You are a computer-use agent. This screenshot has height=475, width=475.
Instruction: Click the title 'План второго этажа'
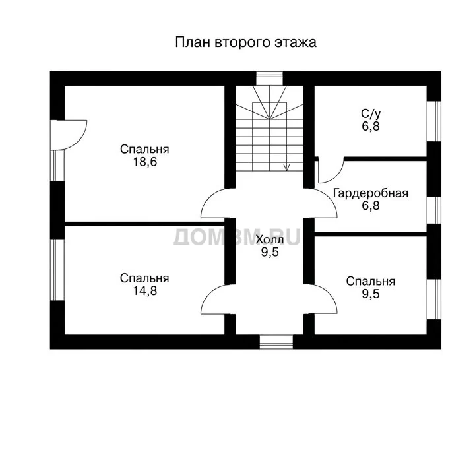(x=245, y=42)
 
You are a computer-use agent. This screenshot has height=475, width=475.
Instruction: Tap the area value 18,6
(x=145, y=162)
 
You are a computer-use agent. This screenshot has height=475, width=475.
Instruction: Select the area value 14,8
(x=145, y=291)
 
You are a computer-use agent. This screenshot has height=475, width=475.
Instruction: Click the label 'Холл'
(x=270, y=239)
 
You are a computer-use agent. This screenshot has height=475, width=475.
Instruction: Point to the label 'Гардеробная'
(x=371, y=193)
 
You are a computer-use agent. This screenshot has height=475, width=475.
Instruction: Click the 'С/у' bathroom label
(x=371, y=114)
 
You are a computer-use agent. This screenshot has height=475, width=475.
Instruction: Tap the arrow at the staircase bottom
(x=286, y=167)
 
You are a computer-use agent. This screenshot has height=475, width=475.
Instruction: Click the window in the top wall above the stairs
(x=270, y=79)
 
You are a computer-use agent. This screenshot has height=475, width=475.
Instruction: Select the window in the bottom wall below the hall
(x=276, y=342)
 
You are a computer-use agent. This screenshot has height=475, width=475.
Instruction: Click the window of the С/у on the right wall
(x=434, y=121)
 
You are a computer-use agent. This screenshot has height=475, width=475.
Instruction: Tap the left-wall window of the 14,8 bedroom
(x=57, y=270)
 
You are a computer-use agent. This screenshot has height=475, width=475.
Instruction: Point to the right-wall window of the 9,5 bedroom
(x=434, y=300)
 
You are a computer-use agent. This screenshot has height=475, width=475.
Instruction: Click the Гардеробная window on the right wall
(x=434, y=210)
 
